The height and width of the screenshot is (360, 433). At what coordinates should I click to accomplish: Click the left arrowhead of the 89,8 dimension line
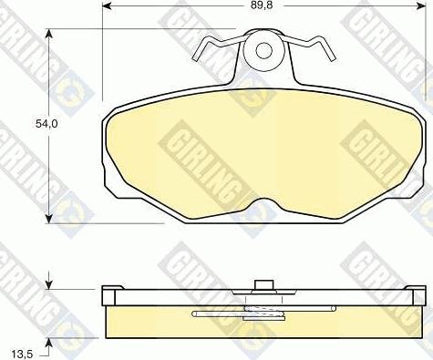tap(108, 6)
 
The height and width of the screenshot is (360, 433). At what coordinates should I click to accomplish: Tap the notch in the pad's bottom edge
tap(265, 203)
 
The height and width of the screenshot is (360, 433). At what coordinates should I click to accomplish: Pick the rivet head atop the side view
tap(265, 284)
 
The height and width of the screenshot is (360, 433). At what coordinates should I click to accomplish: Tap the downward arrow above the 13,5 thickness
tap(50, 282)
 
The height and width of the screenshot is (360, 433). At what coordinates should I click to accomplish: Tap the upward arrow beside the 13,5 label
tap(50, 343)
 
